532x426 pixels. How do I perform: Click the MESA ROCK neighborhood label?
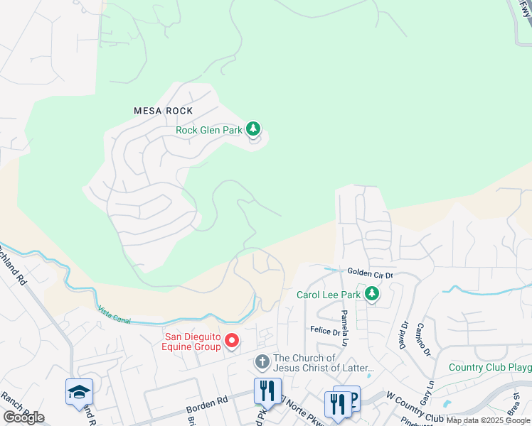pyautogui.click(x=164, y=111)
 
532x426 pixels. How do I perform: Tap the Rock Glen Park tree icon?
pyautogui.click(x=253, y=129)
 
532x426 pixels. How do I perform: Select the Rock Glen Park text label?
pyautogui.click(x=208, y=130)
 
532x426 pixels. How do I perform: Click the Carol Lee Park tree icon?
pyautogui.click(x=371, y=293)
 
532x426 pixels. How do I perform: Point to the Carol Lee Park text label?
pyautogui.click(x=328, y=294)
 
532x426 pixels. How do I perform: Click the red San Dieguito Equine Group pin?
pyautogui.click(x=232, y=342)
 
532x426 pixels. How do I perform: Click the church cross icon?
pyautogui.click(x=262, y=363)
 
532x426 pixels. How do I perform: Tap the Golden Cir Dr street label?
pyautogui.click(x=370, y=273)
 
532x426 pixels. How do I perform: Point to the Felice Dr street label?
pyautogui.click(x=326, y=329)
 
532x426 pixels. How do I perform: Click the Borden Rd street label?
pyautogui.click(x=206, y=404)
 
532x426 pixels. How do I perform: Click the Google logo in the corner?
pyautogui.click(x=23, y=417)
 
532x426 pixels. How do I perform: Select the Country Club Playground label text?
pyautogui.click(x=490, y=367)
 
